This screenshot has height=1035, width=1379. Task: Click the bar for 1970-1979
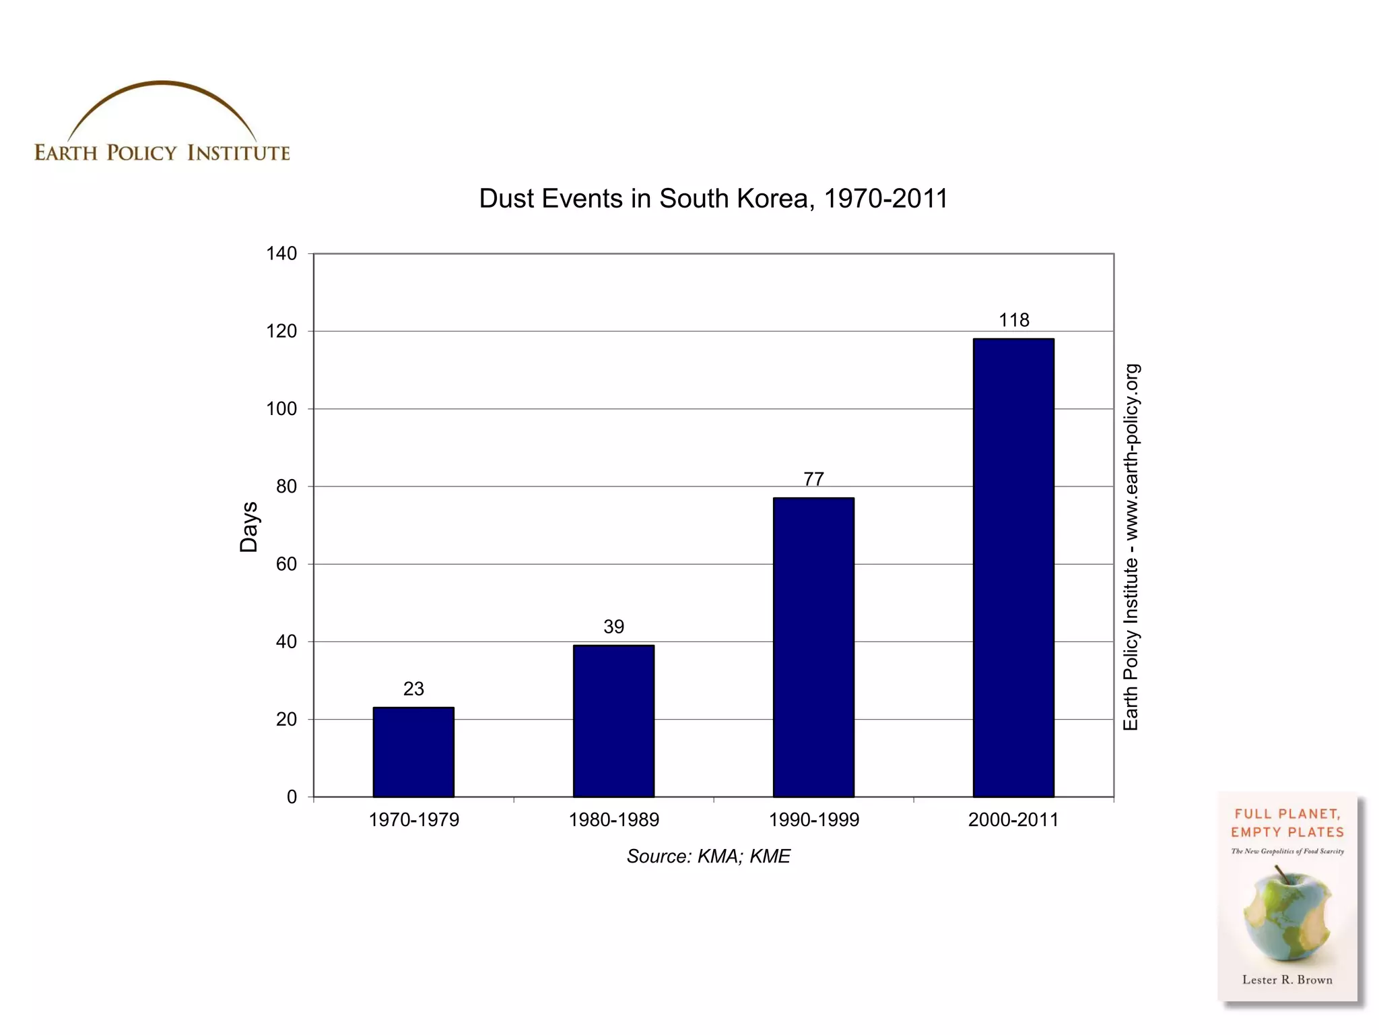coord(413,752)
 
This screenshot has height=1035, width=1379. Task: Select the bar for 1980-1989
coord(613,721)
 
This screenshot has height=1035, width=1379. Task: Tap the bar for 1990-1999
coord(813,647)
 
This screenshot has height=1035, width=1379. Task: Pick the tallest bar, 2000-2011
coord(1013,567)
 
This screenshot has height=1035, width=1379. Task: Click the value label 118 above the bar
coord(1014,320)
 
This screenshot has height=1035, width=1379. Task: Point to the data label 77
coord(813,479)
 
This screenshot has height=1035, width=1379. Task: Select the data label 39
coord(613,627)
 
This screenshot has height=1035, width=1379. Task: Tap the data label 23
coord(413,689)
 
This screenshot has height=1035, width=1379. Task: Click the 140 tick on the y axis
coord(281,254)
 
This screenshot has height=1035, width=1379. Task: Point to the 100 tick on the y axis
coord(281,409)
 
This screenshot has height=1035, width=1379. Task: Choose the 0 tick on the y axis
coord(292,797)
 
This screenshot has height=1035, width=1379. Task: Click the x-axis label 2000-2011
coord(1013,820)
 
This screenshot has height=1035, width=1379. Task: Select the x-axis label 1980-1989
coord(613,820)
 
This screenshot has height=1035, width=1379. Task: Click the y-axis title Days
coord(249,527)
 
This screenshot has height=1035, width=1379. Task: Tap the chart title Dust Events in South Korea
coord(713,199)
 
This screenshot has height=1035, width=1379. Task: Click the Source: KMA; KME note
coord(708,856)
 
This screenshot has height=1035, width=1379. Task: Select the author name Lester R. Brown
coord(1287,980)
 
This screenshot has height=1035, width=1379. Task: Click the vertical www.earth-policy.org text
coord(1132,451)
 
